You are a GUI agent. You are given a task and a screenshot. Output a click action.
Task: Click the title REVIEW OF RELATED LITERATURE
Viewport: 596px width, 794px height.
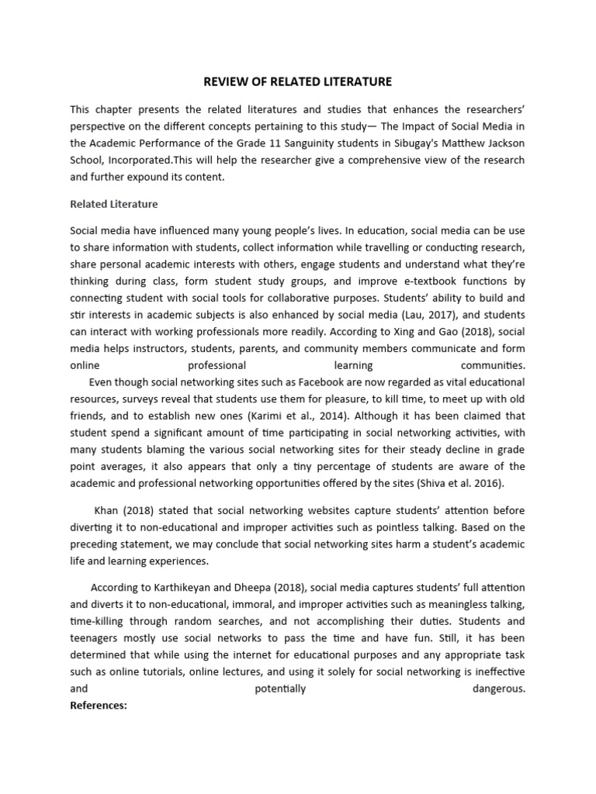tap(298, 81)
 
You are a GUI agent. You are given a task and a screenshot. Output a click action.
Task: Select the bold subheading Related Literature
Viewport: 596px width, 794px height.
tap(113, 204)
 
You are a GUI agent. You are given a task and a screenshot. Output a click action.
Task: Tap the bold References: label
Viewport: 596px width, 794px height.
tap(98, 706)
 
